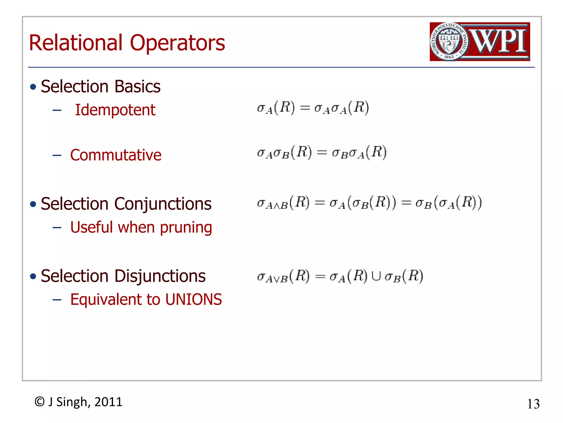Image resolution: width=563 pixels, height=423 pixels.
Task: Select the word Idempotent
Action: [x=115, y=110]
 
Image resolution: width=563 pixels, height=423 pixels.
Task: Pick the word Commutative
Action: [x=116, y=155]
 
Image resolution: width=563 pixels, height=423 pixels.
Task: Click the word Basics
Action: [x=137, y=86]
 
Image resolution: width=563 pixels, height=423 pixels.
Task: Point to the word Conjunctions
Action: [x=163, y=204]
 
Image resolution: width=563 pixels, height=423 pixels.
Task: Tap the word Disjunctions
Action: [x=160, y=276]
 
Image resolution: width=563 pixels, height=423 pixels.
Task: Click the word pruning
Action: [x=186, y=228]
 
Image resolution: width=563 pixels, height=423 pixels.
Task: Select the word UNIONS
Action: [x=194, y=300]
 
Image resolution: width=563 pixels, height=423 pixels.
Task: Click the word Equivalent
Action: [x=106, y=300]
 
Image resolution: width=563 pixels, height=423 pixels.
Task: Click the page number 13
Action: [x=533, y=404]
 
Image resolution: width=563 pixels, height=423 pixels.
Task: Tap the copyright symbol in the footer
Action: [x=40, y=402]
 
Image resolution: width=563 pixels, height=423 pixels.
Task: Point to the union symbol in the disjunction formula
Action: [x=376, y=276]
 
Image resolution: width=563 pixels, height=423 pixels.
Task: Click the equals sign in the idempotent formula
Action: [x=305, y=108]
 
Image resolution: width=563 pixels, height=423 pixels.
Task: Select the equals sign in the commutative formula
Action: [x=322, y=153]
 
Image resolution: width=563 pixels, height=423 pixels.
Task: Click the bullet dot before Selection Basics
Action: [x=33, y=87]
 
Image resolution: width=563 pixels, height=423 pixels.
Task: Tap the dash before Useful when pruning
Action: [x=57, y=228]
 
